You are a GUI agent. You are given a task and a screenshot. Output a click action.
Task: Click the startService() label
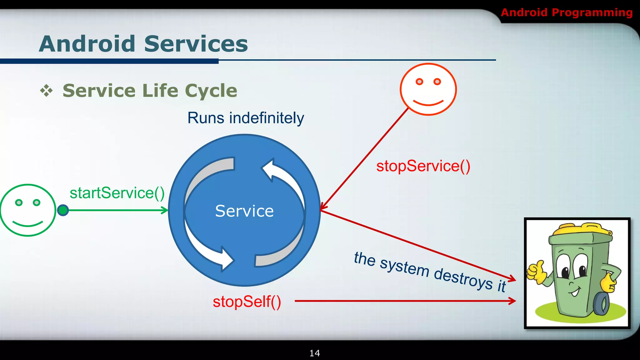pyautogui.click(x=117, y=193)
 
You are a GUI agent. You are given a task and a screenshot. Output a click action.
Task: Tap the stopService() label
pyautogui.click(x=423, y=166)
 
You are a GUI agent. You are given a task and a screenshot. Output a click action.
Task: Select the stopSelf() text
pyautogui.click(x=247, y=302)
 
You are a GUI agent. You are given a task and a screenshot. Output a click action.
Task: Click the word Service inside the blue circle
pyautogui.click(x=244, y=211)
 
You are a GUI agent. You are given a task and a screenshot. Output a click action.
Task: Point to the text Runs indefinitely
pyautogui.click(x=246, y=118)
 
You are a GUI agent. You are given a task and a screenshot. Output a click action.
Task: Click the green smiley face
pyautogui.click(x=28, y=210)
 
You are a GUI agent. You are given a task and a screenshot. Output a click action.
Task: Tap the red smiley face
pyautogui.click(x=428, y=89)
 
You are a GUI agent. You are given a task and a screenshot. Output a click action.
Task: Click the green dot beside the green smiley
pyautogui.click(x=63, y=210)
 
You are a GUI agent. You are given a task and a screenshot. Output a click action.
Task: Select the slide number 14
pyautogui.click(x=314, y=353)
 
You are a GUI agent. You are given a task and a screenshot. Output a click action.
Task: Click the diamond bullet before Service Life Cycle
pyautogui.click(x=47, y=91)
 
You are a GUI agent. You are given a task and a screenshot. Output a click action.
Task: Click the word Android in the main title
pyautogui.click(x=87, y=44)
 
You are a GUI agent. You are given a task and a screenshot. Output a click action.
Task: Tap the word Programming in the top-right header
pyautogui.click(x=592, y=12)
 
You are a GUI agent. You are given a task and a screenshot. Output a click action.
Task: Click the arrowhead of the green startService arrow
pyautogui.click(x=165, y=210)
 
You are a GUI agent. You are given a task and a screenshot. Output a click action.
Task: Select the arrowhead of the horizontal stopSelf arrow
pyautogui.click(x=512, y=301)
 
